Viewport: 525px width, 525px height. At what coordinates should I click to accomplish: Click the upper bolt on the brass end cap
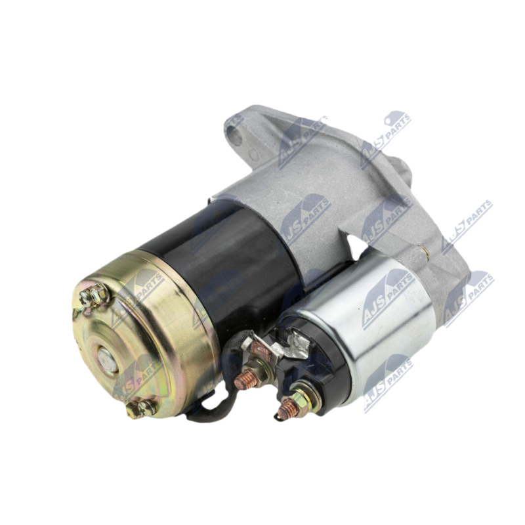(x=95, y=295)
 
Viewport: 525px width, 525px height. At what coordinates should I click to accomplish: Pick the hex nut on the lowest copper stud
(x=303, y=400)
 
